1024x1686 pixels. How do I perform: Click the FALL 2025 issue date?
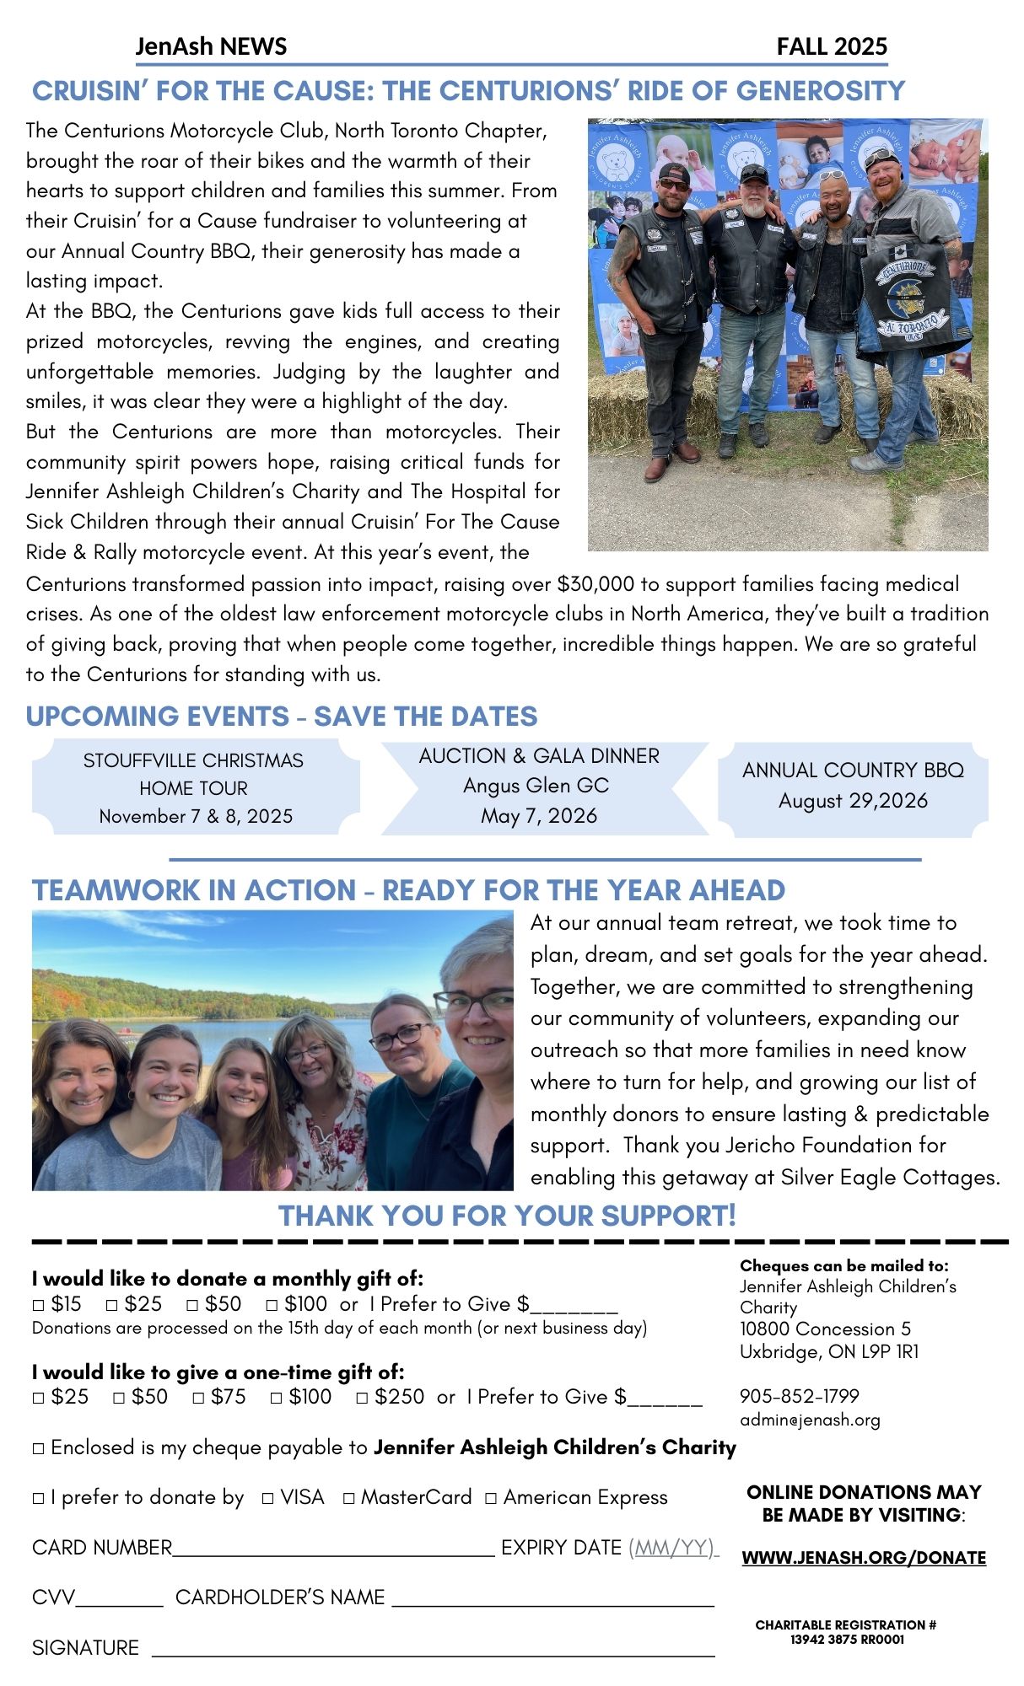point(832,46)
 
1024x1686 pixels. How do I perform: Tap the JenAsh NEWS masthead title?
point(211,46)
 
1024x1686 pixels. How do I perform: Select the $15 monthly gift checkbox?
point(38,1305)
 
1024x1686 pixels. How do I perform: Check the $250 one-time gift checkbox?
point(362,1398)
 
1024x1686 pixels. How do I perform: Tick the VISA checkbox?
point(267,1498)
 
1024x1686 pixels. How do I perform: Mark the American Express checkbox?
point(491,1498)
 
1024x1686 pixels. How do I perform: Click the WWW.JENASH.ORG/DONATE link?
point(864,1558)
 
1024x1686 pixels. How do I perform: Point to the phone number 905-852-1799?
point(799,1396)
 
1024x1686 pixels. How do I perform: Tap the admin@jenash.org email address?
point(810,1420)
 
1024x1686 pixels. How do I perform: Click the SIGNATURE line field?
point(433,1649)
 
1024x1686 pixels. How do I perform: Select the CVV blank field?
point(119,1598)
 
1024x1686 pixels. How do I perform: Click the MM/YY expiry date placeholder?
point(672,1548)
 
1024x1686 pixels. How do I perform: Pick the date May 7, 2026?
point(539,816)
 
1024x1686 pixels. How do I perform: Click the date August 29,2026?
point(853,800)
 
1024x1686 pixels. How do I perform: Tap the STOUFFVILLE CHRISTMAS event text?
point(193,760)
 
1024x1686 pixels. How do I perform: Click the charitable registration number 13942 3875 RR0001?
point(847,1640)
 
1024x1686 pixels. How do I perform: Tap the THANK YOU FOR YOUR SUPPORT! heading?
point(507,1216)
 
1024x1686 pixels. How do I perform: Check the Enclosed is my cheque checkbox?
point(38,1449)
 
